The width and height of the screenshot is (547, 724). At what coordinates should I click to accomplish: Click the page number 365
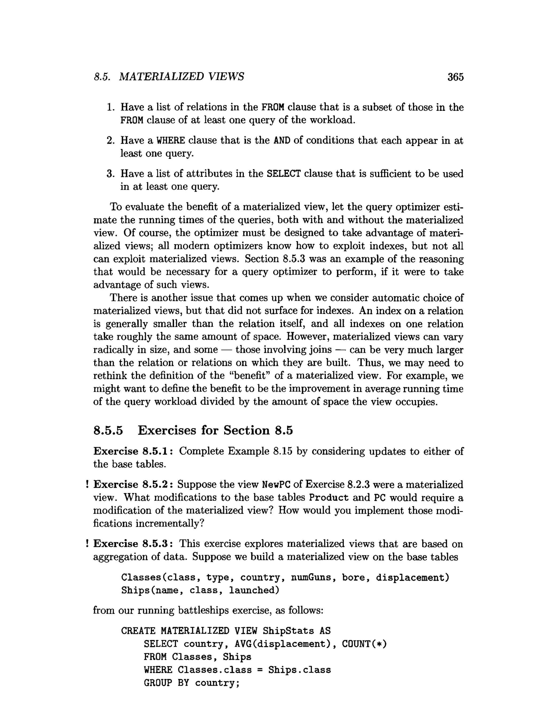pyautogui.click(x=455, y=77)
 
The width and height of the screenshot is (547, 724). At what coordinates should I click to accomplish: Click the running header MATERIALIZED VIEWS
pyautogui.click(x=181, y=77)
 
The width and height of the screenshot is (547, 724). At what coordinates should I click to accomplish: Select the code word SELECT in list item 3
pyautogui.click(x=283, y=173)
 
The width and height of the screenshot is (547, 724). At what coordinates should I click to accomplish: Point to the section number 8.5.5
pyautogui.click(x=108, y=430)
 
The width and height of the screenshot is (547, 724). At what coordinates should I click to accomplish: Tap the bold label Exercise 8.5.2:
pyautogui.click(x=133, y=485)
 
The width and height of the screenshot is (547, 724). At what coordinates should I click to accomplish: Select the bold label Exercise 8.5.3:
pyautogui.click(x=133, y=544)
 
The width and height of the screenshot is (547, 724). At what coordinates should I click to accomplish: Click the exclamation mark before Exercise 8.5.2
pyautogui.click(x=87, y=485)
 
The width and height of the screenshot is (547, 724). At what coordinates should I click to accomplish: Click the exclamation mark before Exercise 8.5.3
pyautogui.click(x=87, y=544)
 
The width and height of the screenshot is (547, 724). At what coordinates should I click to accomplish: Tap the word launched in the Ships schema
pyautogui.click(x=254, y=590)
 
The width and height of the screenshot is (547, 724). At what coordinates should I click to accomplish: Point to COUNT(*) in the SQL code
pyautogui.click(x=364, y=644)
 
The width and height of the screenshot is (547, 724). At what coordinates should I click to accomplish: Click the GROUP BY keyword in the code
pyautogui.click(x=166, y=683)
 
